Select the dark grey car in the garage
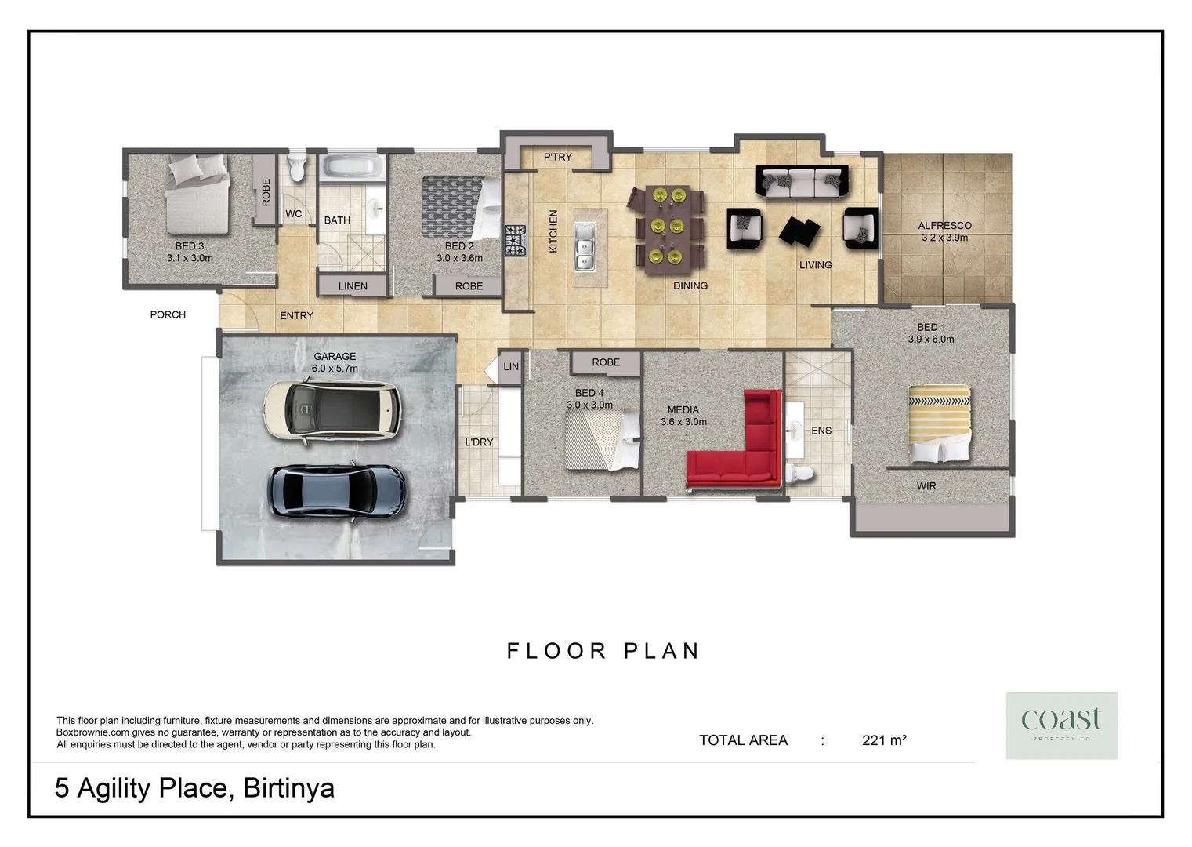click(337, 490)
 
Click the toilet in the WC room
click(296, 167)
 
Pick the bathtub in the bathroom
click(352, 167)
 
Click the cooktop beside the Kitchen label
click(516, 240)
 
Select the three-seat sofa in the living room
click(802, 182)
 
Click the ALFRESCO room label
click(944, 226)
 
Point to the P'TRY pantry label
click(557, 157)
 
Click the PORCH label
click(168, 314)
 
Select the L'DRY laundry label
click(479, 442)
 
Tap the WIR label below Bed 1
click(926, 486)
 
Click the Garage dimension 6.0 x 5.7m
click(335, 369)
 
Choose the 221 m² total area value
click(884, 740)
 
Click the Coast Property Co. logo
click(1061, 725)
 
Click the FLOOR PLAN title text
click(603, 651)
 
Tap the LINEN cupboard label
click(353, 286)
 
